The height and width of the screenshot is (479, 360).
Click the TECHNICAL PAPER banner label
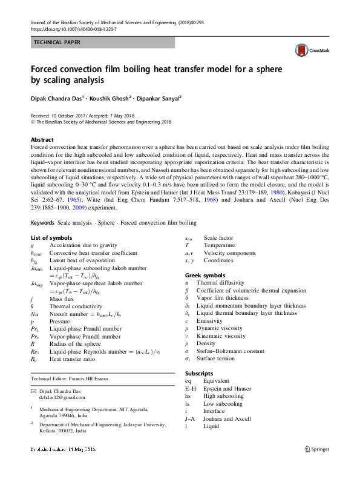pos(56,42)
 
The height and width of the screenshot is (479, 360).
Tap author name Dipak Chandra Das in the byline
pos(59,99)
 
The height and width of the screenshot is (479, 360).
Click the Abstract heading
pos(42,139)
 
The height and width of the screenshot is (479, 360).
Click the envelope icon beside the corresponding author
pos(34,392)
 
